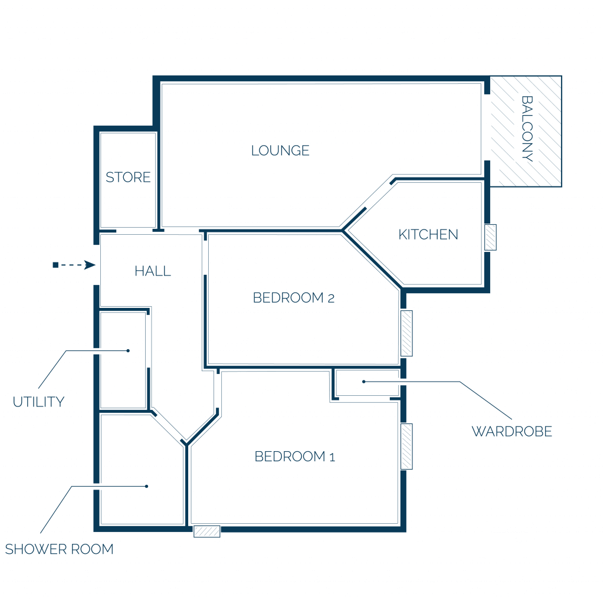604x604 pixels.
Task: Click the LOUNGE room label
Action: pyautogui.click(x=280, y=150)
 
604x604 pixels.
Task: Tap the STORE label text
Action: pyautogui.click(x=128, y=177)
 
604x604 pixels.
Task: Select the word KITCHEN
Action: pyautogui.click(x=428, y=234)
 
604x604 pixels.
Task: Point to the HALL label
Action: pyautogui.click(x=153, y=271)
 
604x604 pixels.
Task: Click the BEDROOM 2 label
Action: pyautogui.click(x=294, y=297)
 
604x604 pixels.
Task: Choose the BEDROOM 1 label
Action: pyautogui.click(x=295, y=457)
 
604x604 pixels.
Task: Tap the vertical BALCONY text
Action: pyautogui.click(x=527, y=128)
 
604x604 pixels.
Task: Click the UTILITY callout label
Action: pyautogui.click(x=38, y=402)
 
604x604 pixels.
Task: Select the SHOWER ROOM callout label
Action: pyautogui.click(x=60, y=549)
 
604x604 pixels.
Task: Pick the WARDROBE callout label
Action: pyautogui.click(x=512, y=431)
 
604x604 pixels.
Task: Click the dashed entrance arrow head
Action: pyautogui.click(x=90, y=265)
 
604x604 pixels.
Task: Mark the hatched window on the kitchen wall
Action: pyautogui.click(x=490, y=237)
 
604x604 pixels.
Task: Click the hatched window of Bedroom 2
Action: pyautogui.click(x=407, y=333)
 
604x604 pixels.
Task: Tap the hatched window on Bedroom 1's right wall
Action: pyautogui.click(x=407, y=447)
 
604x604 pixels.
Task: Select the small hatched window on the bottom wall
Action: pyautogui.click(x=207, y=531)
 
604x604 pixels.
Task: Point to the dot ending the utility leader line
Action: pyautogui.click(x=128, y=350)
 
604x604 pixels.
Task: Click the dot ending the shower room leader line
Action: pyautogui.click(x=146, y=486)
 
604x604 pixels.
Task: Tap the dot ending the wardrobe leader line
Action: pyautogui.click(x=363, y=382)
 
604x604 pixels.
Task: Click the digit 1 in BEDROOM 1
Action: pyautogui.click(x=333, y=457)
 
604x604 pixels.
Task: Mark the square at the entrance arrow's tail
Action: pyautogui.click(x=55, y=265)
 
